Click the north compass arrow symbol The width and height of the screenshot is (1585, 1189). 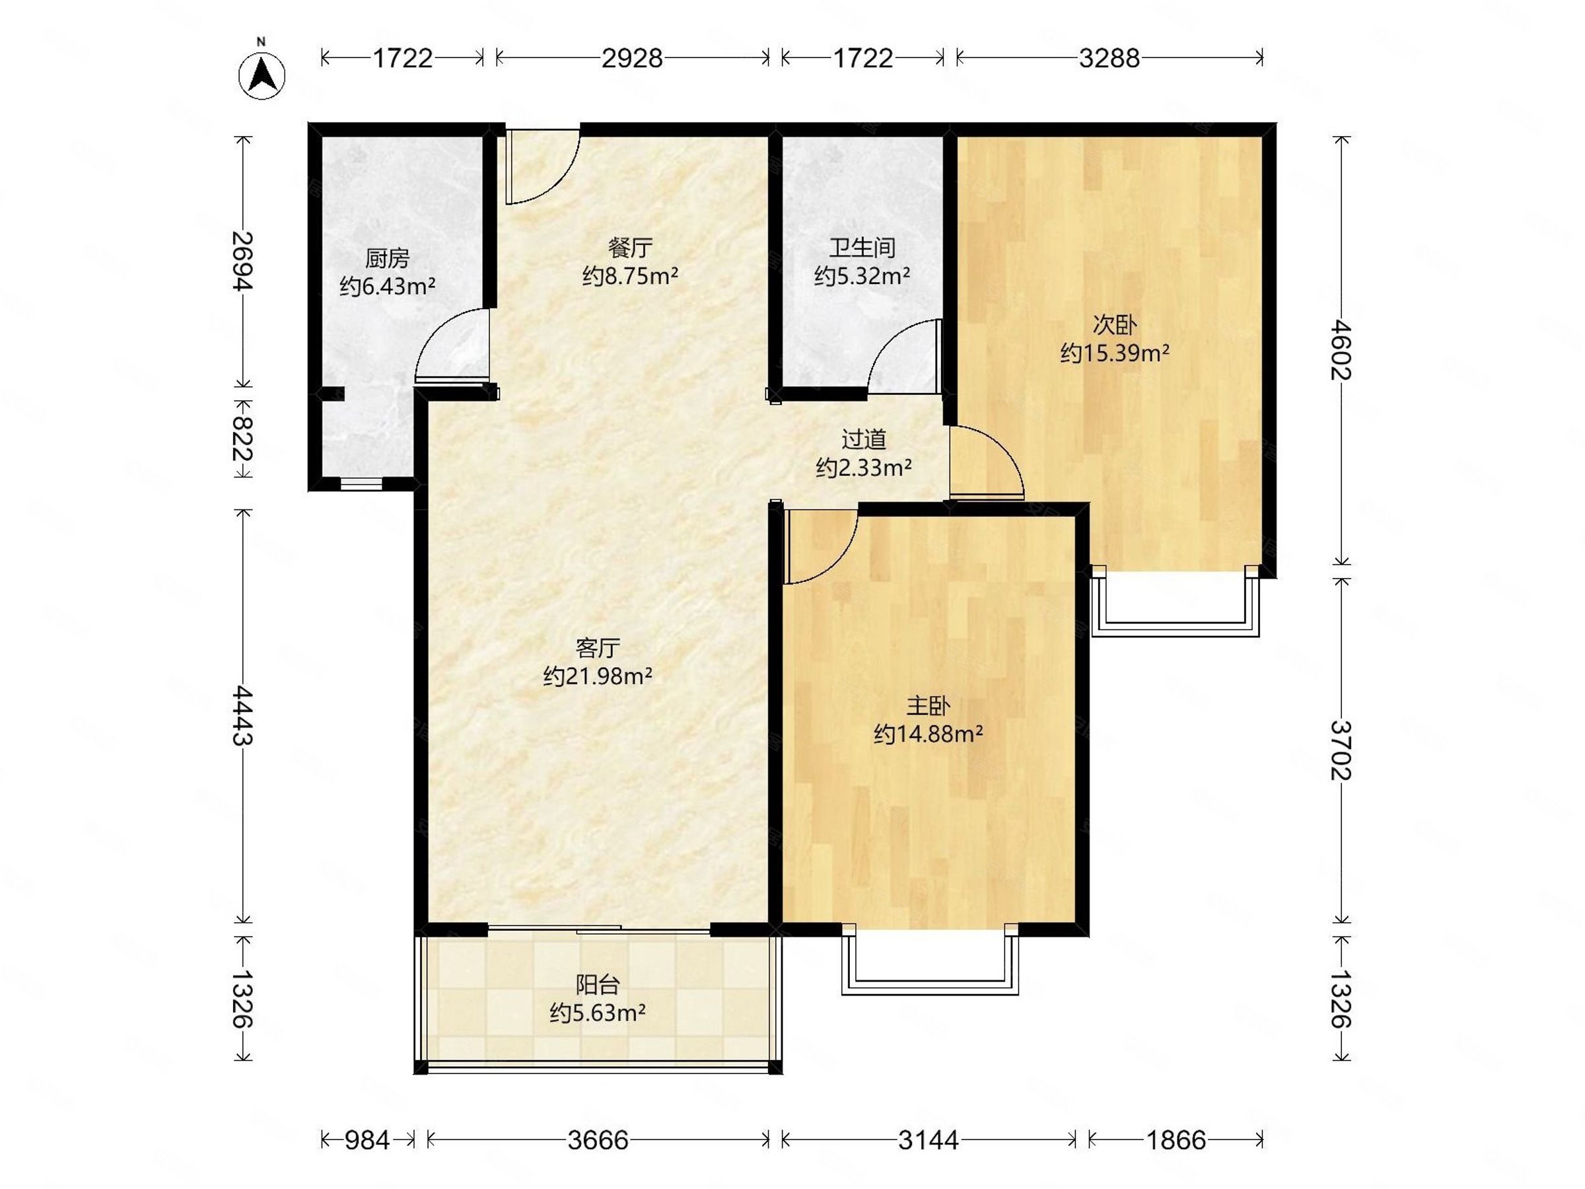(262, 75)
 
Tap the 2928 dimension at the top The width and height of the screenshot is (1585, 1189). (632, 58)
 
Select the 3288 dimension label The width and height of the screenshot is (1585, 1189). (1109, 58)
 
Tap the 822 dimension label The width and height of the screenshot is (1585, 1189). (244, 439)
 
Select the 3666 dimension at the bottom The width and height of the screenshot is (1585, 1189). (598, 1139)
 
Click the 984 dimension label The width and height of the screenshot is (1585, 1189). (367, 1139)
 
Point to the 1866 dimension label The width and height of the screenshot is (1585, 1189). (1176, 1139)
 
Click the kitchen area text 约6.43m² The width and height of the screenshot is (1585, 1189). (387, 287)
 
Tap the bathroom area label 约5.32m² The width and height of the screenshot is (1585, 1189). (862, 276)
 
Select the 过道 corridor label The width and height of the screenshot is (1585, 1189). (863, 439)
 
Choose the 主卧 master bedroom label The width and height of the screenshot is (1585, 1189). (928, 706)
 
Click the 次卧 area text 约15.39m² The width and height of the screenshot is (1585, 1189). (1115, 353)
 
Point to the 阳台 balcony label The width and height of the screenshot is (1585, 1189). (598, 985)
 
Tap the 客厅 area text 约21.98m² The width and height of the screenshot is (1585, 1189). (598, 675)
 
